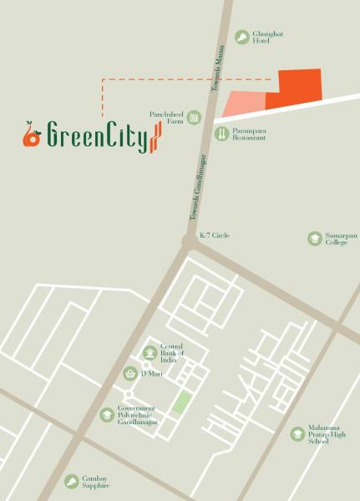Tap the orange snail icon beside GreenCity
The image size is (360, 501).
pos(32,135)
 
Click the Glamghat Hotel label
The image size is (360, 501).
pos(267,37)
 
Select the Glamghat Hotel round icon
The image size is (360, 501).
pos(241,37)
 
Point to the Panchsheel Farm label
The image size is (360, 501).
pos(166,119)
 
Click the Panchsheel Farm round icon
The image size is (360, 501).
pos(194,118)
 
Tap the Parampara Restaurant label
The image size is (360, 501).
pos(251,133)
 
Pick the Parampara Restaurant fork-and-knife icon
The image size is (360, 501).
pos(221,133)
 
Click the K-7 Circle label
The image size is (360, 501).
pos(215,236)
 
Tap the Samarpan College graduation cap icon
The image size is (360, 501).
pos(313,238)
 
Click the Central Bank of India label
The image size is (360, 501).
pos(171,353)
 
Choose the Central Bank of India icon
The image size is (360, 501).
pos(150,352)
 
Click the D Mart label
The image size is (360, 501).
pos(152,373)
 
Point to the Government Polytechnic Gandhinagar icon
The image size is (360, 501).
pos(107,414)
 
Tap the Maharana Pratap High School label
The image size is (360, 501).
pos(327,434)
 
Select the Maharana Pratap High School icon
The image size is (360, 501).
pos(297,434)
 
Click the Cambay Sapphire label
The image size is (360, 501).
pos(96,482)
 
